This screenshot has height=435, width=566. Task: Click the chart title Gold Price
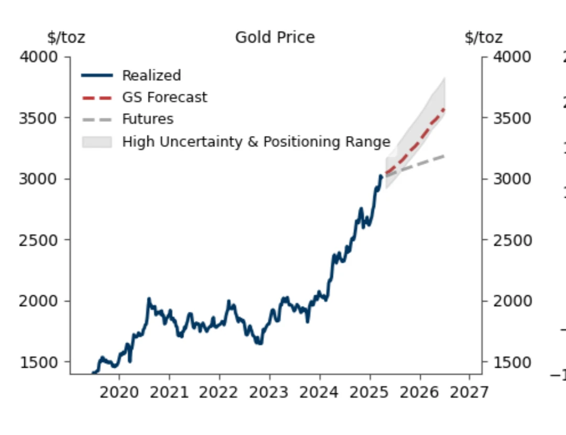275,38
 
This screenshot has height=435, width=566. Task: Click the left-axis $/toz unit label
66,38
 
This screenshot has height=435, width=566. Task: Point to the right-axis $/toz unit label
483,38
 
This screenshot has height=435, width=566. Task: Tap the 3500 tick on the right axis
512,118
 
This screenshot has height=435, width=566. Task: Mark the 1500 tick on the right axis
512,362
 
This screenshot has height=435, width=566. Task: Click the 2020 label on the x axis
119,392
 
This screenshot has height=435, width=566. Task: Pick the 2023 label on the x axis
270,392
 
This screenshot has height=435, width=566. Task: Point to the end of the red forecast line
445,108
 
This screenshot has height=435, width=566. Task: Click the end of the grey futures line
445,156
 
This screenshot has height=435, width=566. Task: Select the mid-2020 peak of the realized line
149,299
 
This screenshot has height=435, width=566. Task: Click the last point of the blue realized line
381,176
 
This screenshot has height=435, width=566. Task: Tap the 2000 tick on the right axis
512,301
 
